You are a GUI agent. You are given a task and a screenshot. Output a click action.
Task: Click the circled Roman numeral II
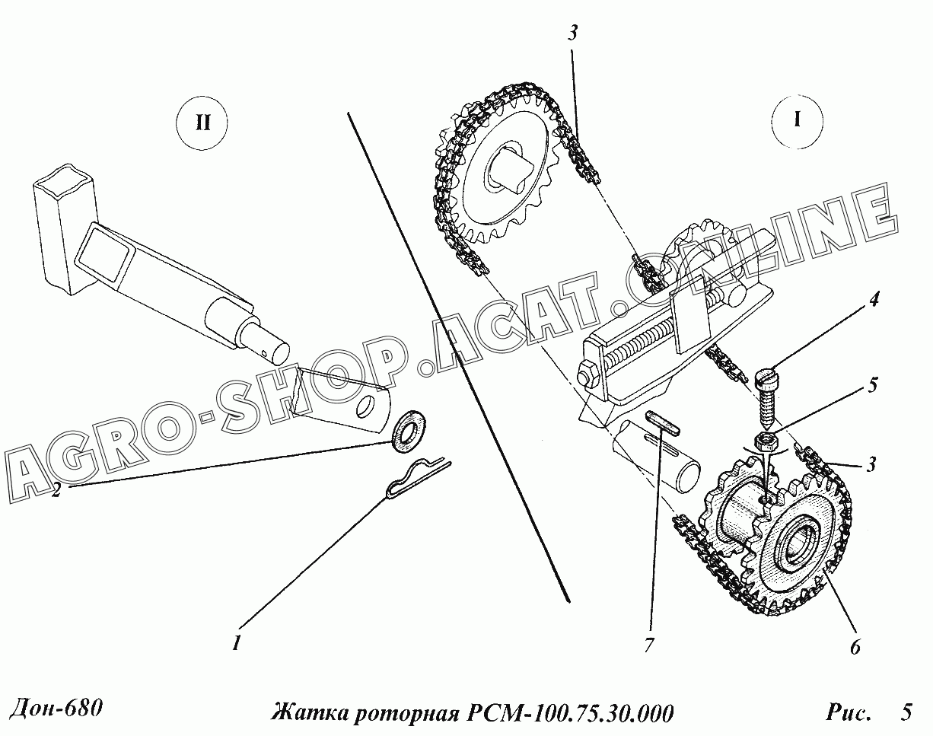click(202, 123)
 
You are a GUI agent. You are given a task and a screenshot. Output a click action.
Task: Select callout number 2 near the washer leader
click(56, 491)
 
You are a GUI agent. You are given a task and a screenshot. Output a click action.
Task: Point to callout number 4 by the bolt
click(874, 299)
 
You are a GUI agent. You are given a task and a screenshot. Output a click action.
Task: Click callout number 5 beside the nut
click(873, 386)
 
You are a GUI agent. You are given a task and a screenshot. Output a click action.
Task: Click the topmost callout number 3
click(573, 33)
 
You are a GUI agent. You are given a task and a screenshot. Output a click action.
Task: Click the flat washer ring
click(409, 433)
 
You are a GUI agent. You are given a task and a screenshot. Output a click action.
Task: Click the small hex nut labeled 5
click(768, 442)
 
